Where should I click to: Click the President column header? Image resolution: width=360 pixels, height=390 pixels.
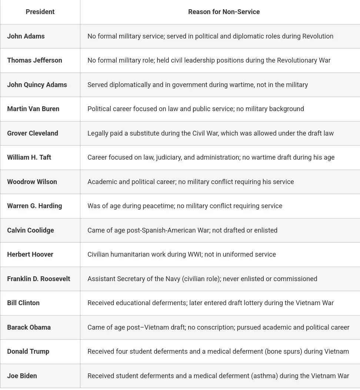(x=40, y=12)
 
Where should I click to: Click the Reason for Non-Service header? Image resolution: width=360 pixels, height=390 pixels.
(x=224, y=12)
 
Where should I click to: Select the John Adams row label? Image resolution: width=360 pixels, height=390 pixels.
(x=26, y=36)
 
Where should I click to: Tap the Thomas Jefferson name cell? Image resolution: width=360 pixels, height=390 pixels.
(x=34, y=60)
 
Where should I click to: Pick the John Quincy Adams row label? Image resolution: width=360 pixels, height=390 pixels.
(x=37, y=85)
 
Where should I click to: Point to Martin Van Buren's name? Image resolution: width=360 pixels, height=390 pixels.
(x=33, y=109)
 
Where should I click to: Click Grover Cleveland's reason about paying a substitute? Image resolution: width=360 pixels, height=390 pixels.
(x=210, y=133)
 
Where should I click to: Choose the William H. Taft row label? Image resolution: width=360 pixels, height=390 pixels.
(x=29, y=157)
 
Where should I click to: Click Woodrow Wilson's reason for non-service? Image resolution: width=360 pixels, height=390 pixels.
(x=190, y=182)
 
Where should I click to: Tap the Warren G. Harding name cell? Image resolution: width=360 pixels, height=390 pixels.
(x=34, y=206)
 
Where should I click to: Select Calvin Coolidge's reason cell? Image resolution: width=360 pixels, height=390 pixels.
(x=182, y=230)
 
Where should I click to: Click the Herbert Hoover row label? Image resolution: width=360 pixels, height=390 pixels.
(x=30, y=254)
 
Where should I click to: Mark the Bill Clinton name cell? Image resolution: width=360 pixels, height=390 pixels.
(x=23, y=303)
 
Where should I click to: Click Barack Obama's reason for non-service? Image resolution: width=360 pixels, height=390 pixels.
(x=218, y=327)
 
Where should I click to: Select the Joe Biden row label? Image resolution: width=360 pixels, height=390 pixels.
(x=22, y=376)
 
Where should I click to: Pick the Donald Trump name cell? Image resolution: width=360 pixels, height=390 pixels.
(x=28, y=351)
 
